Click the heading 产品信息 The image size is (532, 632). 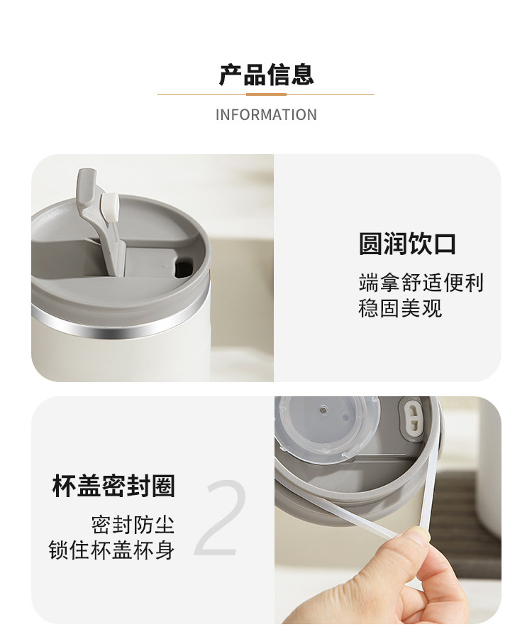click(266, 75)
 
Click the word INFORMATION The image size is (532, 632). click(266, 115)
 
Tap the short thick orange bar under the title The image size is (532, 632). click(266, 94)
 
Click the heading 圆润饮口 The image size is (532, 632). click(407, 244)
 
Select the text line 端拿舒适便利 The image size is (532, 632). click(421, 283)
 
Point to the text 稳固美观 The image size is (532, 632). click(400, 308)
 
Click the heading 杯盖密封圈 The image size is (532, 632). click(113, 486)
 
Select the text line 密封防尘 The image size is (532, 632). click(133, 525)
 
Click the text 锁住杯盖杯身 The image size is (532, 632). click(112, 550)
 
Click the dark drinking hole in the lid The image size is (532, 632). click(183, 268)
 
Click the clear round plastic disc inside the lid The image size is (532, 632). click(327, 428)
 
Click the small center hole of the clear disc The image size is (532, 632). click(323, 410)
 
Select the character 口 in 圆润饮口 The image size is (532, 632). click(444, 244)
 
